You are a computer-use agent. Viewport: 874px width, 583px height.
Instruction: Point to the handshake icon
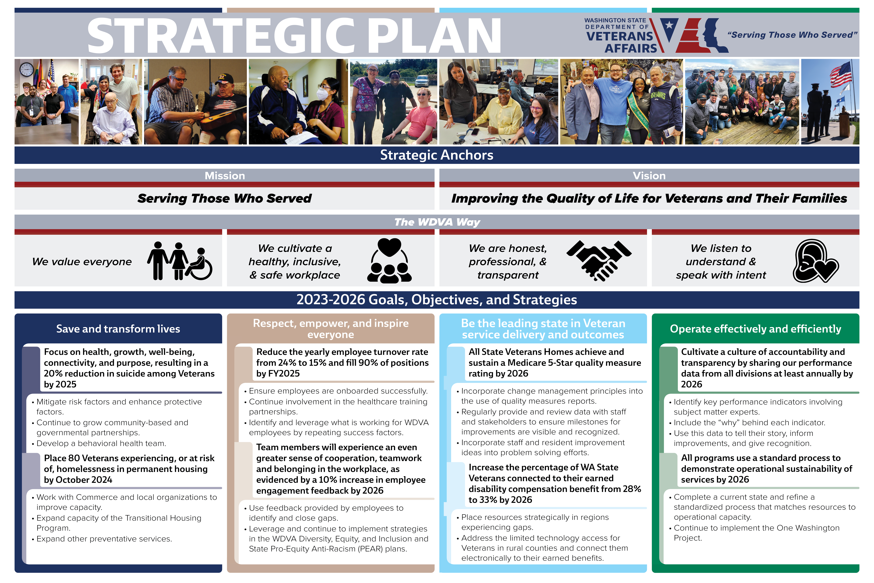point(599,260)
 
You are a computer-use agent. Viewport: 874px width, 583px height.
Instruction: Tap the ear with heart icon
point(816,261)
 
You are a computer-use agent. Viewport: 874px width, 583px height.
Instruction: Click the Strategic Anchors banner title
point(437,155)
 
